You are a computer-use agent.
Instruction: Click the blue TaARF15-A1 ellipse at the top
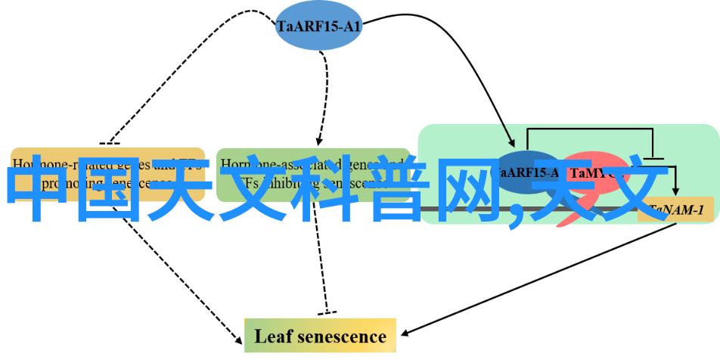tap(318, 27)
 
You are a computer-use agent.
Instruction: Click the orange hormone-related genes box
tap(108, 173)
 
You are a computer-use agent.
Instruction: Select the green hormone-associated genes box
tap(309, 174)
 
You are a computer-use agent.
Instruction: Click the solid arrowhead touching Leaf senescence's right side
tap(405, 333)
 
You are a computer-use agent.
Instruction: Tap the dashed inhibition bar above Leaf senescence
tap(326, 312)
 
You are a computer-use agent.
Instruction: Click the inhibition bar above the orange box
tap(109, 143)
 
